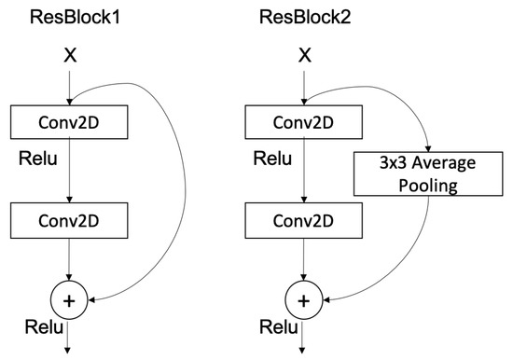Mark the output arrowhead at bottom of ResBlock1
pyautogui.click(x=69, y=351)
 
